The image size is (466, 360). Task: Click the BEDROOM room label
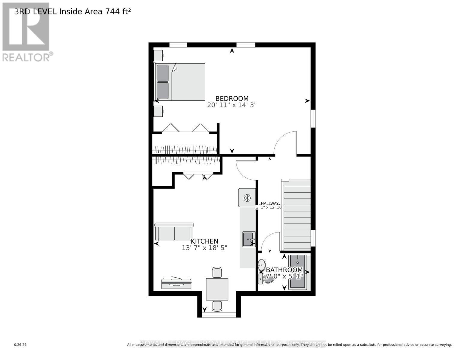pos(232,98)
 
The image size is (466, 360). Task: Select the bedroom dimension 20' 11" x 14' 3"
pos(232,105)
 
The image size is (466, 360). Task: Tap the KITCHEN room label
pos(204,241)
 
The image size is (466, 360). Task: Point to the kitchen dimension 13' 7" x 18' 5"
pos(204,248)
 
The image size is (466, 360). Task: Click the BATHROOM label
pos(284,270)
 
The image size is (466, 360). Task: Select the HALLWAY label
pos(269,203)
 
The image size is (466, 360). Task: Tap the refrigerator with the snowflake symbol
pos(247,198)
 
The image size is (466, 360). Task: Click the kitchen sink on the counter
pos(249,239)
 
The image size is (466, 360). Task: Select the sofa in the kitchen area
pos(174,232)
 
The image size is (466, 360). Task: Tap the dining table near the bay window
pos(217,289)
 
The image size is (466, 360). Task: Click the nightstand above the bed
pos(158,55)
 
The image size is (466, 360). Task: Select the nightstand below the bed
pos(158,111)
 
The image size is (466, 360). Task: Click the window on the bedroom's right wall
pos(313,118)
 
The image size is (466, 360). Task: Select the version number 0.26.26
pos(20,345)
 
